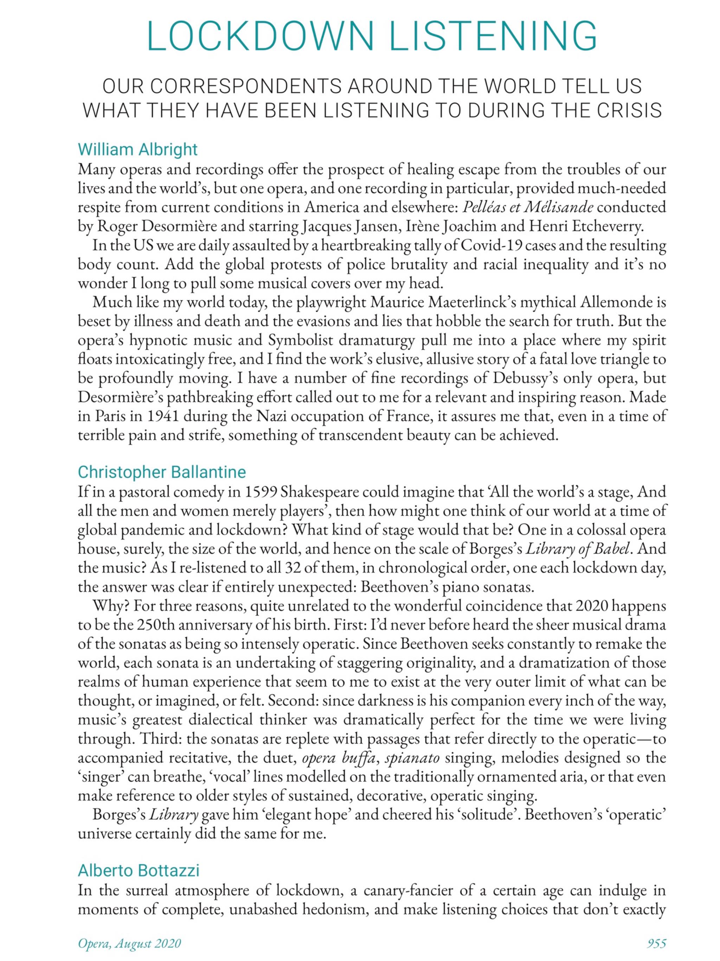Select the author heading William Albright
[137, 149]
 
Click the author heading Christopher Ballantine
[162, 471]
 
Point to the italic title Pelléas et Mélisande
[528, 207]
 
